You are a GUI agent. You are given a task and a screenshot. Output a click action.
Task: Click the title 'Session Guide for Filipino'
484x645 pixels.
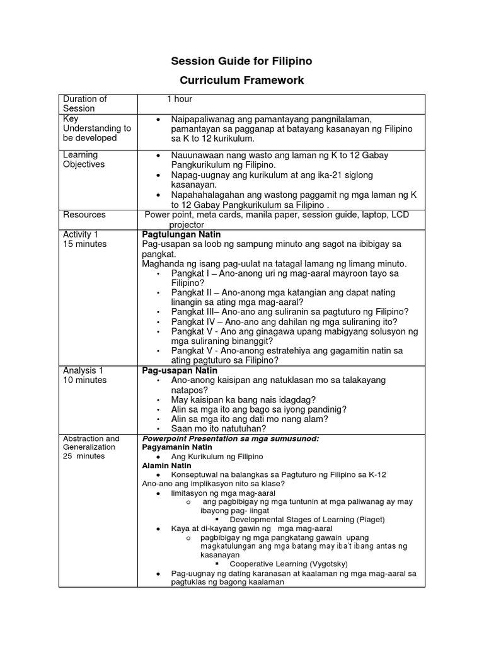242,61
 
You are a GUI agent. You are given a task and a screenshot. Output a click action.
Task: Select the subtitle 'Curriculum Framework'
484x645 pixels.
242,81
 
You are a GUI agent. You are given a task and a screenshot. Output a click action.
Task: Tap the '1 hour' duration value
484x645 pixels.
180,99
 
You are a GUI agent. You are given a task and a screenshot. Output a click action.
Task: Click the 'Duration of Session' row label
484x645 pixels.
85,103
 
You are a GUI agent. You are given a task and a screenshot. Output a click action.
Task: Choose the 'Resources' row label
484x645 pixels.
84,215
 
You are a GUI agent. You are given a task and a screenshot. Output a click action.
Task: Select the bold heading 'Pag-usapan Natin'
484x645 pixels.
178,370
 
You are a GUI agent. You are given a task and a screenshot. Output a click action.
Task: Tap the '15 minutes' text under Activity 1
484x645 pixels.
84,244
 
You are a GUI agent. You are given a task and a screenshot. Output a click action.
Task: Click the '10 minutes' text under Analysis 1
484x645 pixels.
84,380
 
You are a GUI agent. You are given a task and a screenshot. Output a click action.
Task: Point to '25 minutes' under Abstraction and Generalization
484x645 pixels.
84,456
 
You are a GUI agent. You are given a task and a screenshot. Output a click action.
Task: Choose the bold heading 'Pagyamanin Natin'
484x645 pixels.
173,447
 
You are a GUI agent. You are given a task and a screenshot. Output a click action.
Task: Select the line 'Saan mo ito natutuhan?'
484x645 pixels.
219,428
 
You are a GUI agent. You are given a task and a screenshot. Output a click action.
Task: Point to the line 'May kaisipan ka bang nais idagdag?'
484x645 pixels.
244,400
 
